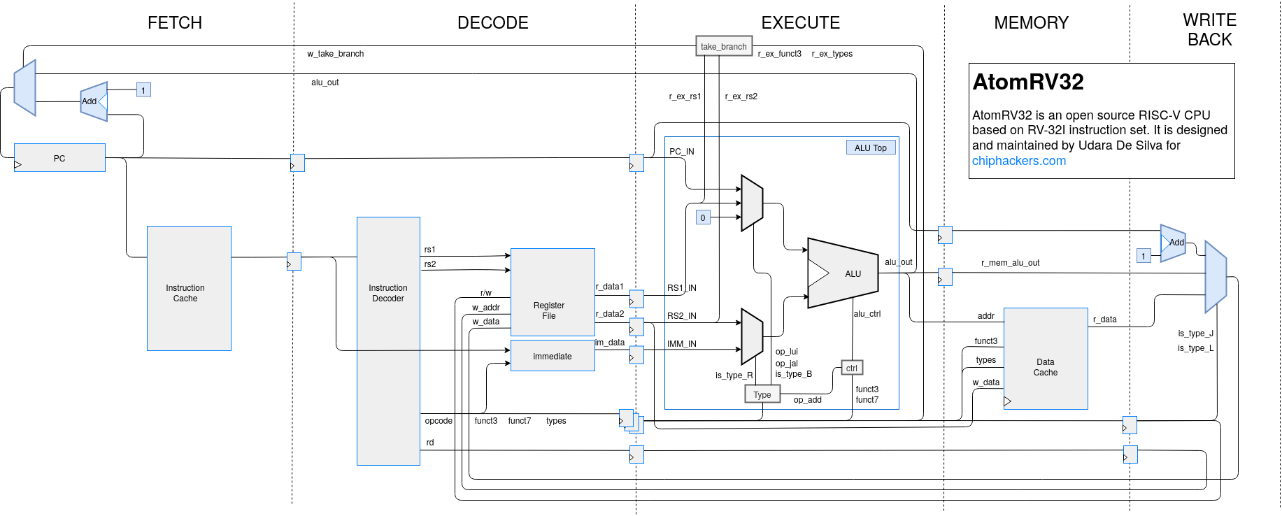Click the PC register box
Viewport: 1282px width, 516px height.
click(59, 158)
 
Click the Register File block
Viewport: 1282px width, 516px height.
click(553, 292)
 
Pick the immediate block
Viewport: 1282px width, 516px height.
click(553, 356)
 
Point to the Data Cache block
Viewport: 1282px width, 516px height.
click(1046, 358)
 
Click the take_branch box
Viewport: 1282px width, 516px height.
click(724, 46)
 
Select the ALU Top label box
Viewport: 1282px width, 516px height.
click(870, 148)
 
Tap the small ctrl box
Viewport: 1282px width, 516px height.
click(851, 368)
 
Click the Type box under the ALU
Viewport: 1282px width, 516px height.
click(762, 394)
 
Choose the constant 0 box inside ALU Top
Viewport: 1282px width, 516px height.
click(703, 217)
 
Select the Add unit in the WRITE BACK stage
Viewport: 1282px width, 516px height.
click(1174, 243)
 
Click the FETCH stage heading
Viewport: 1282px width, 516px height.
click(175, 23)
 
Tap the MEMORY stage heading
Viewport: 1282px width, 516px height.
click(1031, 23)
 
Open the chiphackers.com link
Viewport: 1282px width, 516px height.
click(1018, 161)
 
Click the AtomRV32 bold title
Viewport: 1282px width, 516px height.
click(1027, 82)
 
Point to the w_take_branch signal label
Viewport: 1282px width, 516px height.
click(335, 54)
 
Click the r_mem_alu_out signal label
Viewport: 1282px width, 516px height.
click(1010, 263)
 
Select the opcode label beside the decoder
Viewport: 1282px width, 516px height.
click(439, 421)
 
